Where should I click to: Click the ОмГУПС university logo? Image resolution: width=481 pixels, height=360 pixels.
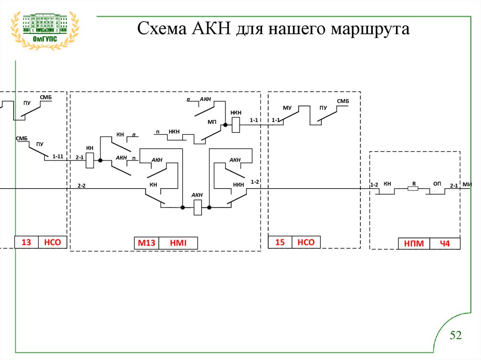(45, 31)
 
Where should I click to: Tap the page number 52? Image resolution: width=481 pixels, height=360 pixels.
(456, 335)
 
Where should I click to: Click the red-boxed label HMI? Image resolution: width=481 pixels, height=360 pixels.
(178, 243)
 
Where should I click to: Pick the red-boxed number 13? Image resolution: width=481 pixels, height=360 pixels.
(26, 242)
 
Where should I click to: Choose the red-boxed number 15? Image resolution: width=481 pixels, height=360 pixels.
(280, 242)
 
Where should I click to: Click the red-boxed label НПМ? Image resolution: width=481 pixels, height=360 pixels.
(414, 244)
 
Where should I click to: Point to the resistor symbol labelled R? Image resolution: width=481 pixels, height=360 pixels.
(413, 189)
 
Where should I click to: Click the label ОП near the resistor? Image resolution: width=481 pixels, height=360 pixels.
(436, 184)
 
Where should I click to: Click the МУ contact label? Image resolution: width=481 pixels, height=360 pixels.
(287, 108)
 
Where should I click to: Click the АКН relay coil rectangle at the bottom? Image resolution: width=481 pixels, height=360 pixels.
(198, 207)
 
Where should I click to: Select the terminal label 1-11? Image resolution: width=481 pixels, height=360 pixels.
(57, 156)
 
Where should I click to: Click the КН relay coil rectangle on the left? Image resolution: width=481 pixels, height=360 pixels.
(92, 160)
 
